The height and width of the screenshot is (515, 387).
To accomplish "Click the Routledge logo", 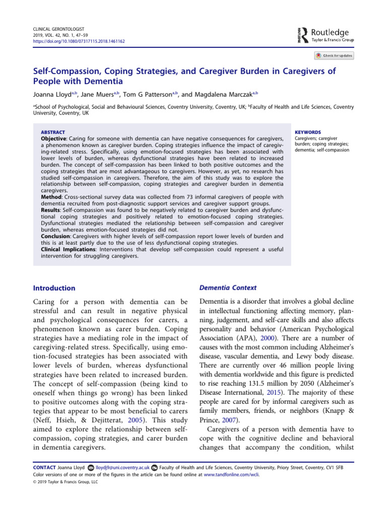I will point(324,34).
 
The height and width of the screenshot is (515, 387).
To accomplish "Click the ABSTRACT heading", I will point(52,132).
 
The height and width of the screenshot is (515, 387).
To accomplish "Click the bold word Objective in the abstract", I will point(53,138).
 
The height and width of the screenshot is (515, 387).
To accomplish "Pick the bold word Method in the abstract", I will point(51,197).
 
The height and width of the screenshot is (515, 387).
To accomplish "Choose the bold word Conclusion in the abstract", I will point(55,236).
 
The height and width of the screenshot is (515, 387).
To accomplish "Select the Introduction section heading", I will point(54,288).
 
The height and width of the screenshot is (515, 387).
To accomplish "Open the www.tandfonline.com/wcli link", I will point(231,474).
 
